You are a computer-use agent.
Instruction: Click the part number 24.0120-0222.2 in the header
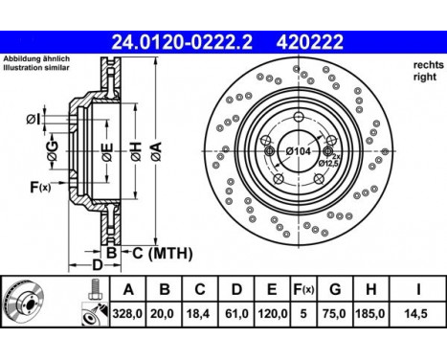pyautogui.click(x=183, y=42)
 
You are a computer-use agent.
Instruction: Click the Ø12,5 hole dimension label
pyautogui.click(x=330, y=163)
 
